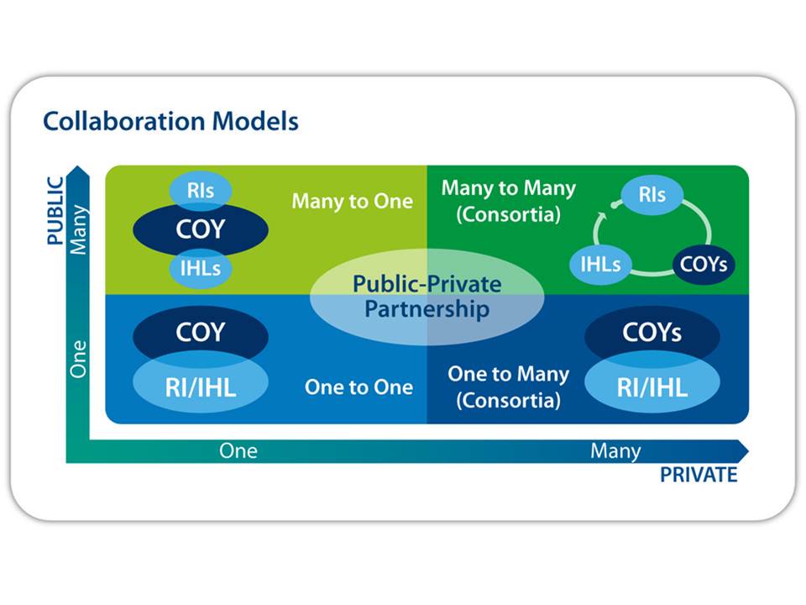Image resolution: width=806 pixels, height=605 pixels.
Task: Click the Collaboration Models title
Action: [170, 121]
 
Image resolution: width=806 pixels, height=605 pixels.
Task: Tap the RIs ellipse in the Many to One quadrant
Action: [201, 191]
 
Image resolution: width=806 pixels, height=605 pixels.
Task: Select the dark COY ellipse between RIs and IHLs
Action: [201, 229]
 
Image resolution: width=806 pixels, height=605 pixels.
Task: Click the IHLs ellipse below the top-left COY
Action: [201, 268]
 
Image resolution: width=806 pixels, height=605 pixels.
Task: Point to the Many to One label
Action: [353, 201]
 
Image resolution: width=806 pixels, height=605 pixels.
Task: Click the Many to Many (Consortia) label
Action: [509, 201]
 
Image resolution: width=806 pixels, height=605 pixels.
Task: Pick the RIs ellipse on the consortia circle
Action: [652, 194]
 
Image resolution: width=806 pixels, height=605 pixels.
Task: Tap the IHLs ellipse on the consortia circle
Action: [600, 265]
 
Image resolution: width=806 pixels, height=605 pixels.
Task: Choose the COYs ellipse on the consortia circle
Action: [704, 265]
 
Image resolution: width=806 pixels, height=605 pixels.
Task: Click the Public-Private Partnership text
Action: [427, 297]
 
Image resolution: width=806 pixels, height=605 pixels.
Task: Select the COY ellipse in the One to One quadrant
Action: [201, 333]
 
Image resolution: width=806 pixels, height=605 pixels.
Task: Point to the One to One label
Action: [359, 387]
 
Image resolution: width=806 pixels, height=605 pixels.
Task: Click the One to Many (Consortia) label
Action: [509, 387]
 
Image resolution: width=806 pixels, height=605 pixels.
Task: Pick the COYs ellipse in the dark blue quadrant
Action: [652, 333]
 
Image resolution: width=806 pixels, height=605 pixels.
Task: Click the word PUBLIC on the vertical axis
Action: [55, 210]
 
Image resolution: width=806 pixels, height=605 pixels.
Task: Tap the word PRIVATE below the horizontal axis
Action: [699, 475]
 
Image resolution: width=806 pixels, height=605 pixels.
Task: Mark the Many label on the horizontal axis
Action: [615, 451]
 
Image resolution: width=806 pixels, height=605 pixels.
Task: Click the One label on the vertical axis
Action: [78, 359]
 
